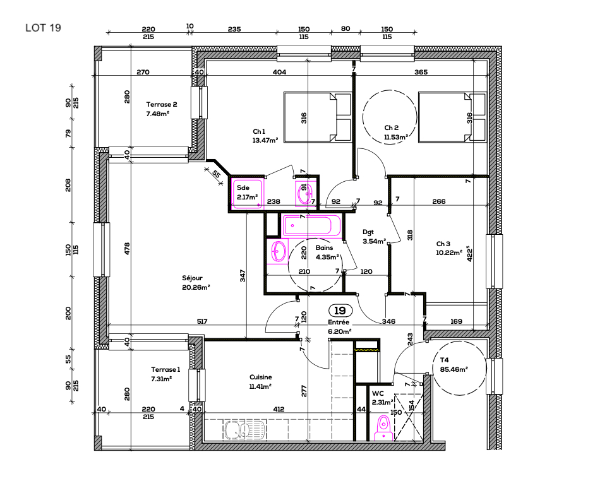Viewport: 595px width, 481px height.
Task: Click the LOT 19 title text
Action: point(43,28)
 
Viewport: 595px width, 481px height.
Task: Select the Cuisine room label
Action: point(260,377)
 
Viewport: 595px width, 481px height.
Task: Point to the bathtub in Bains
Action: point(311,225)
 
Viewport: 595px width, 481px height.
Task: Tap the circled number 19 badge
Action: point(340,311)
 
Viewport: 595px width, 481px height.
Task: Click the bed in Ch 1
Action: point(317,117)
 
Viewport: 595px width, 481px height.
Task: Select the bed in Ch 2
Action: point(452,117)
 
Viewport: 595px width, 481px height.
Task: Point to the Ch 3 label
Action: point(443,244)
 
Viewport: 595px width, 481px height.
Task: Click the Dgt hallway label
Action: point(370,231)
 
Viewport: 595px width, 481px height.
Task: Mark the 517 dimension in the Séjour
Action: point(202,322)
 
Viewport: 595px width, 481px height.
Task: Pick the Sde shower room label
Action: point(243,187)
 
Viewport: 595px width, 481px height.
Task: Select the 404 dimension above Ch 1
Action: point(279,73)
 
